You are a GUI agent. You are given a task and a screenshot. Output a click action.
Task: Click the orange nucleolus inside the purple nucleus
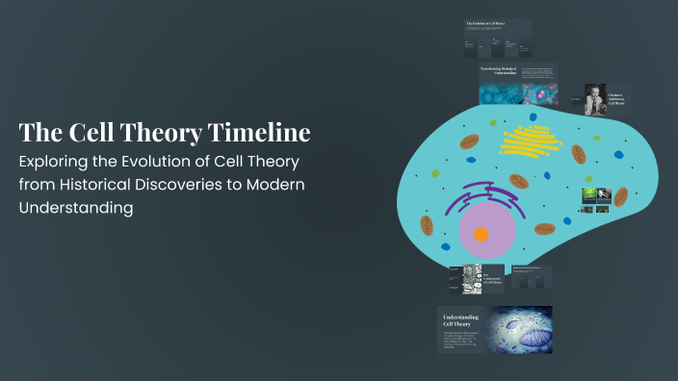481,234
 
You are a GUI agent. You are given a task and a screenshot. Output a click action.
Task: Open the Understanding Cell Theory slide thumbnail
494,331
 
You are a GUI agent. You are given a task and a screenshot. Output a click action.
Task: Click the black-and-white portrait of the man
594,100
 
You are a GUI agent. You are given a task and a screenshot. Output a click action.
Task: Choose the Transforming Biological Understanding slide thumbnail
516,84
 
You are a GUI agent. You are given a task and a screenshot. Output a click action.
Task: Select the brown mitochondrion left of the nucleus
426,223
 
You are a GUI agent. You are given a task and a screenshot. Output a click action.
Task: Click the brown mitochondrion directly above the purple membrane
519,180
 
